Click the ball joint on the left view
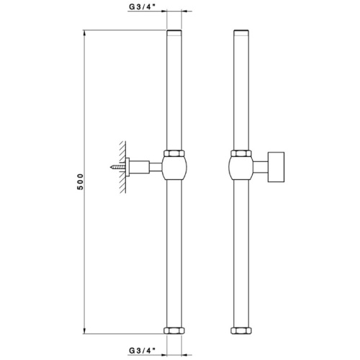pyautogui.click(x=174, y=168)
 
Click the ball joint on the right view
pyautogui.click(x=242, y=168)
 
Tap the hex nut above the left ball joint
pyautogui.click(x=174, y=154)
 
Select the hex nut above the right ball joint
pyautogui.click(x=242, y=154)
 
